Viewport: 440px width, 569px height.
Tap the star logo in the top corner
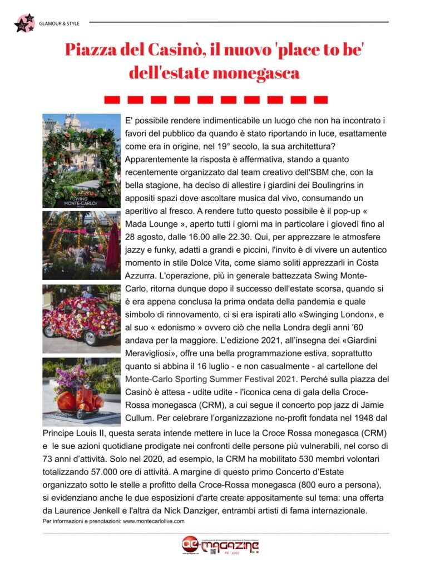click(x=24, y=23)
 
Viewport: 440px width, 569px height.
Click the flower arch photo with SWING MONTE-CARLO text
click(x=81, y=161)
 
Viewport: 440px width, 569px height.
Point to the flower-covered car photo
click(x=81, y=319)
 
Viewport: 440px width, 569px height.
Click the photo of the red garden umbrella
click(x=81, y=245)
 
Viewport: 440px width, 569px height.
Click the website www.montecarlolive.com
click(x=153, y=521)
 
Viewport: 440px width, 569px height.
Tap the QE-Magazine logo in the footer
click(x=220, y=546)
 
